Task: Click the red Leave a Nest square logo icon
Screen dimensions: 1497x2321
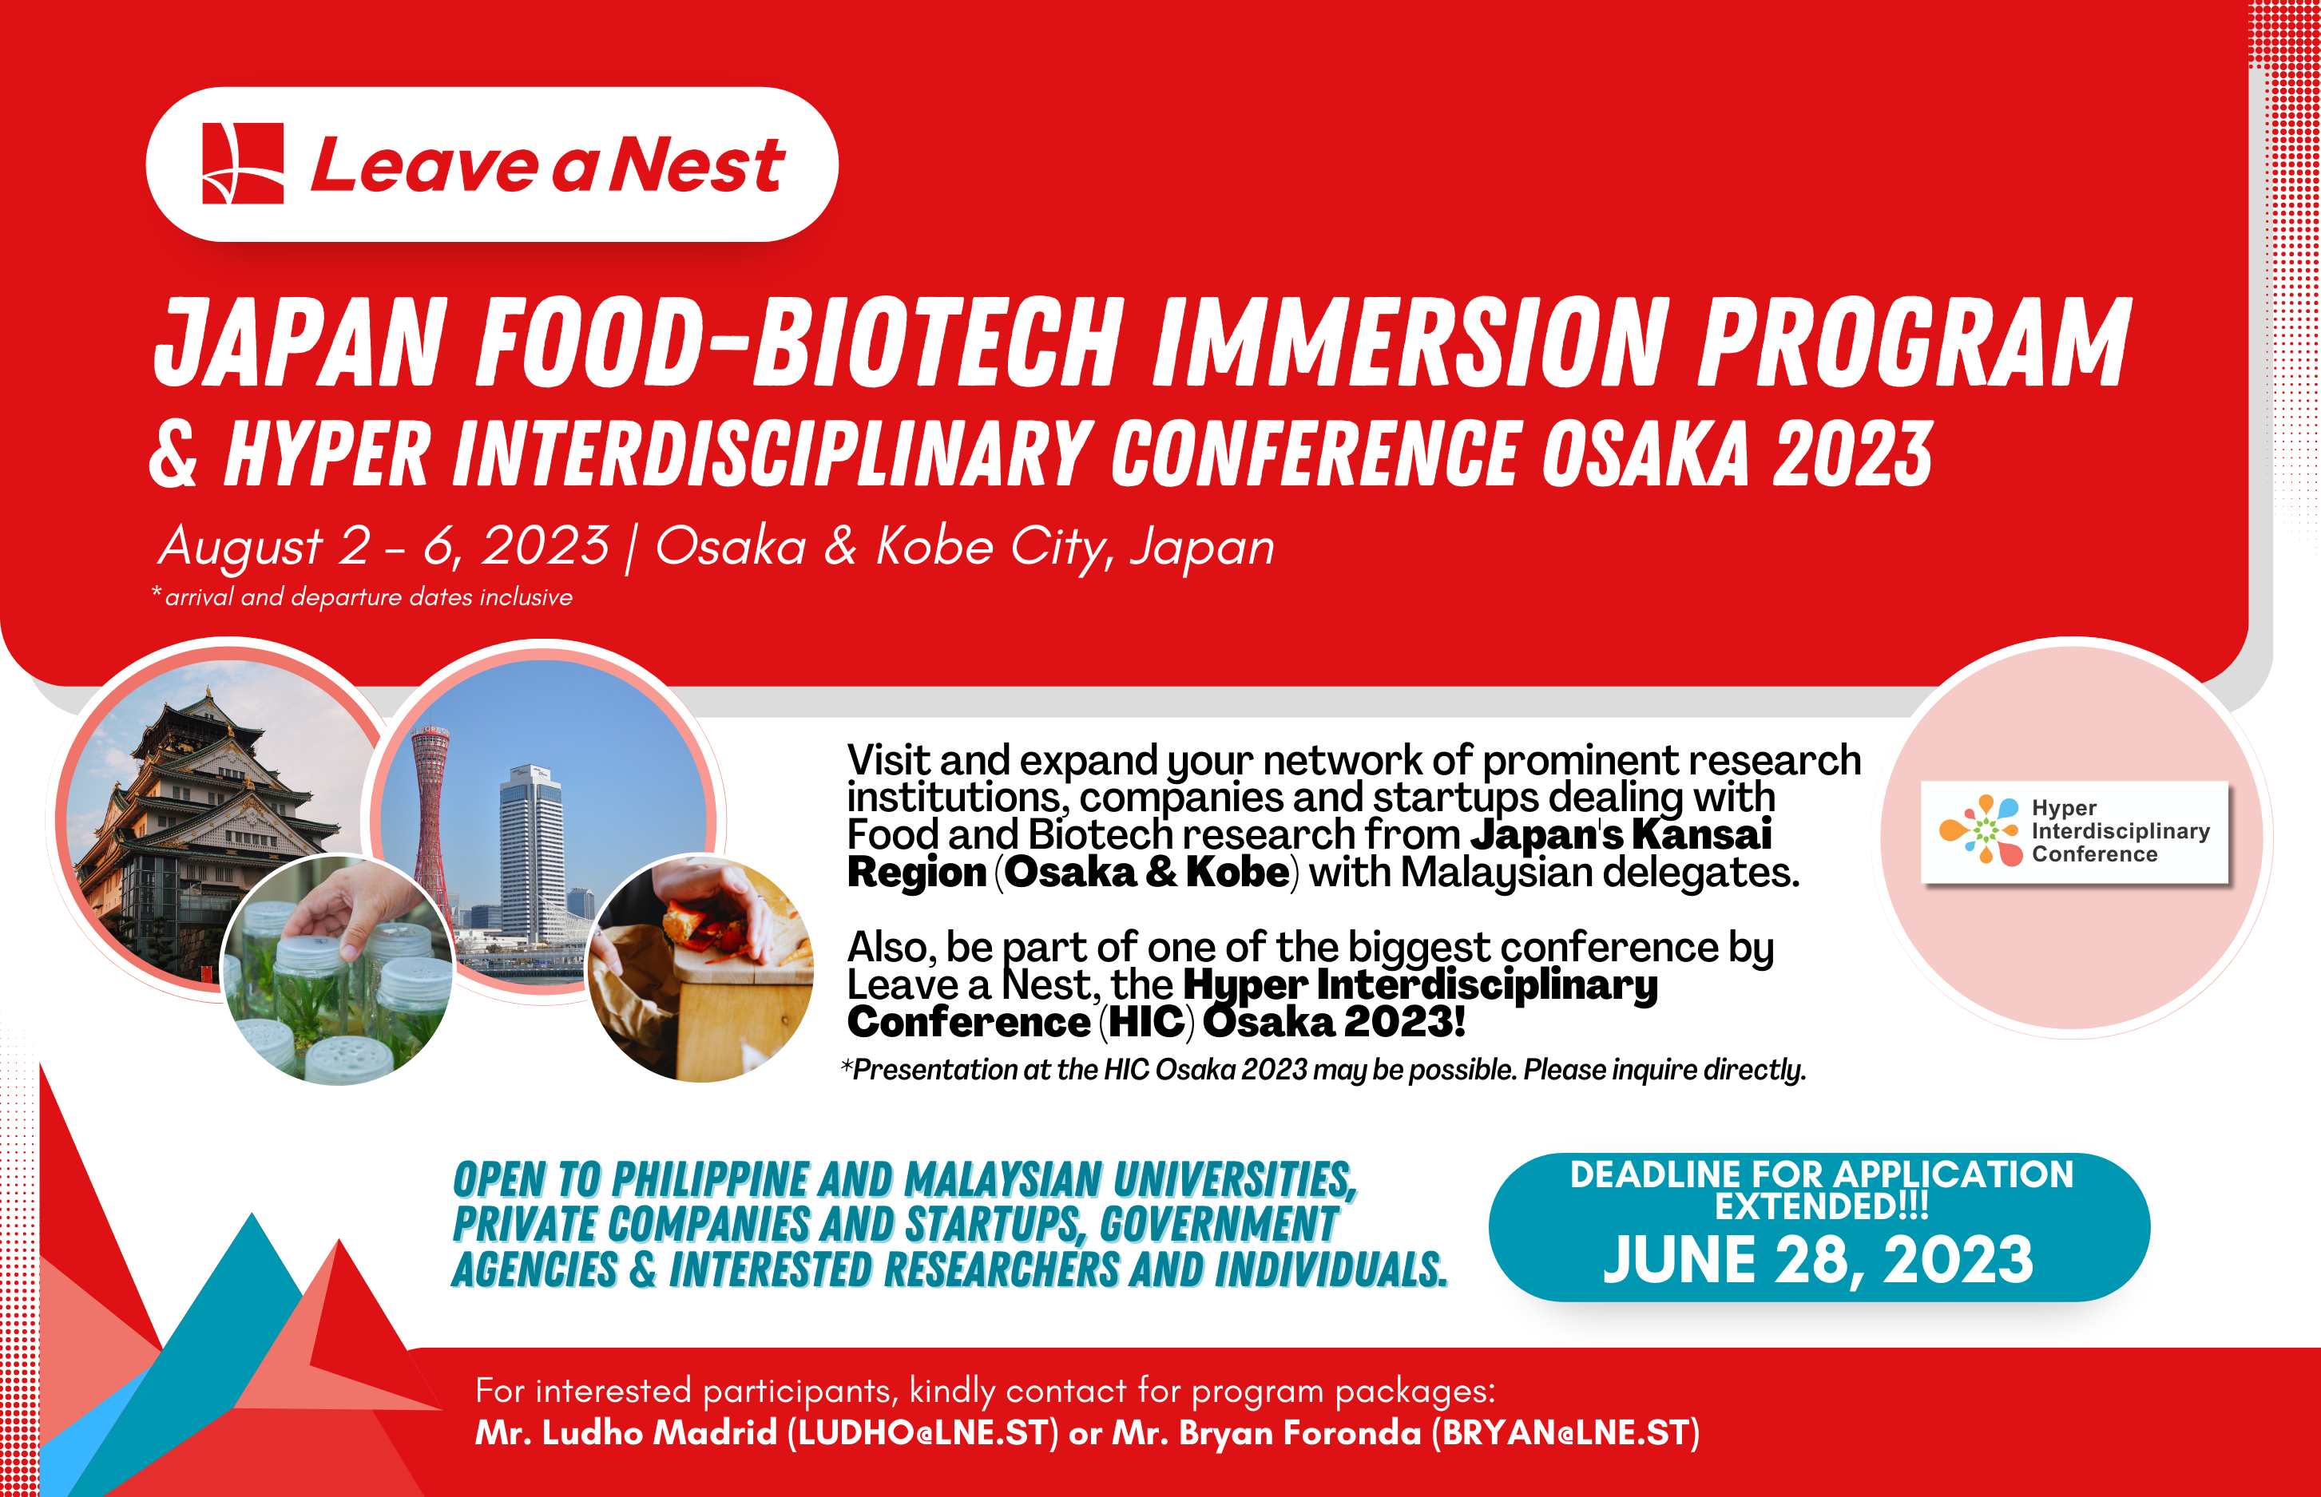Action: click(242, 164)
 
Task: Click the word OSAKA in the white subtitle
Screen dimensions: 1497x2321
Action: click(1645, 454)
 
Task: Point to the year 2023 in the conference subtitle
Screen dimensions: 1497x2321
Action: click(1853, 454)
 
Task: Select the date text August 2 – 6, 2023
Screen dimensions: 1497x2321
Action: click(384, 545)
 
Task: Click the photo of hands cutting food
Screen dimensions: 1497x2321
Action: click(700, 967)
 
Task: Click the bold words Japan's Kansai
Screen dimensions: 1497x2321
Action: click(1620, 835)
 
